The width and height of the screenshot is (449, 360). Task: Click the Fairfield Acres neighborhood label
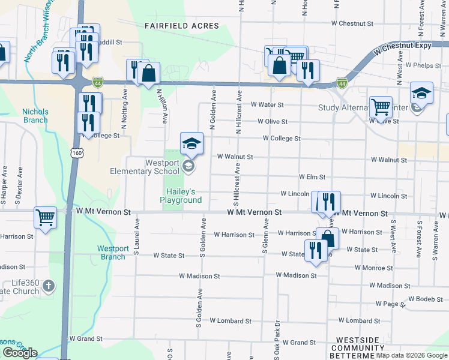(182, 26)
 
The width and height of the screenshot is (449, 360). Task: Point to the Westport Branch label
(112, 253)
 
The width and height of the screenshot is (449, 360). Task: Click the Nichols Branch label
(35, 116)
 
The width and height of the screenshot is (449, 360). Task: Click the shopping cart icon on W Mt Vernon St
(46, 218)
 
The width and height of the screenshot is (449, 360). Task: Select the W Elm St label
(312, 177)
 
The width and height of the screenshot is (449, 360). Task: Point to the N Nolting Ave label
(124, 109)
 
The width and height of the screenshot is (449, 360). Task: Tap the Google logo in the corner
(20, 353)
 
